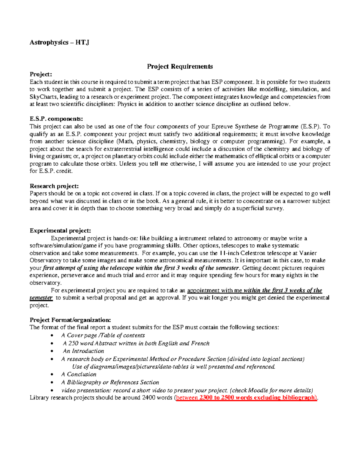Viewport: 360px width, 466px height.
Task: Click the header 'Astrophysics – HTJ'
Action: (59, 42)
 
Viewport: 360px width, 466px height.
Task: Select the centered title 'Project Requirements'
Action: (180, 66)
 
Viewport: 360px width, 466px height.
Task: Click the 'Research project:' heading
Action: (54, 186)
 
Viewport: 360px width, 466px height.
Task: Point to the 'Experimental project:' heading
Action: (60, 230)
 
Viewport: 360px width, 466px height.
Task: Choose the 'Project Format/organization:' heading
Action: (70, 320)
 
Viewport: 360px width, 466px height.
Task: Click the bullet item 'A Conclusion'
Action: (79, 374)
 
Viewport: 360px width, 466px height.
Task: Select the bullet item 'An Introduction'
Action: (83, 351)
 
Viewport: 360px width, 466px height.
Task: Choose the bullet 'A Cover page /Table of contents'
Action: (103, 335)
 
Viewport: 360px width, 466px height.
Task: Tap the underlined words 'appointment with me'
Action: (214, 290)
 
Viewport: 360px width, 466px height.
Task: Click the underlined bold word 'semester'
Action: (41, 298)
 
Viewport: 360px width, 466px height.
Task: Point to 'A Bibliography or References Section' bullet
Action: (110, 382)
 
